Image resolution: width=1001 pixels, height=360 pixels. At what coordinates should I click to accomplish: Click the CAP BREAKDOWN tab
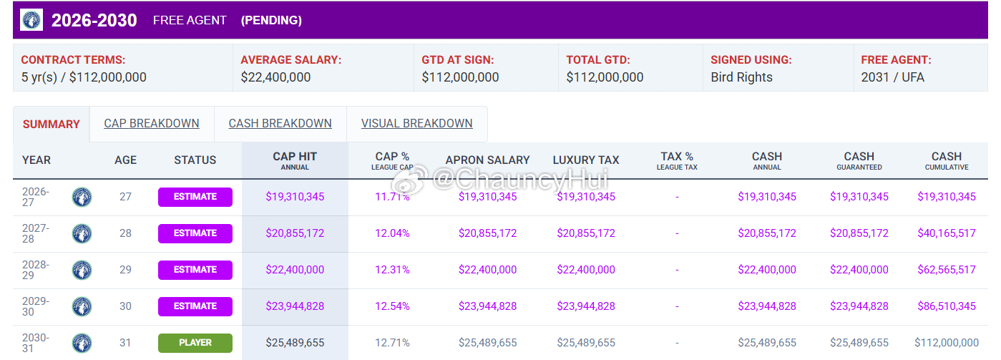point(152,123)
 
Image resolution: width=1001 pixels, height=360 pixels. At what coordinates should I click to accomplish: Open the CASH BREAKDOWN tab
point(280,123)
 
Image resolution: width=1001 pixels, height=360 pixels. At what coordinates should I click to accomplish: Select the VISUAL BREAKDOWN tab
point(417,123)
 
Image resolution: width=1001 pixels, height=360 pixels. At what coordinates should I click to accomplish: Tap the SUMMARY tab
point(52,125)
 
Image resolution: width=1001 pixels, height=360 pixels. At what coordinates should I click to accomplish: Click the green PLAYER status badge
point(195,343)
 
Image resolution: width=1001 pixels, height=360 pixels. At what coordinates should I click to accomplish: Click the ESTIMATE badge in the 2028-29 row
point(195,270)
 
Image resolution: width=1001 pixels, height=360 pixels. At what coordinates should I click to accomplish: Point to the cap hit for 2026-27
point(295,197)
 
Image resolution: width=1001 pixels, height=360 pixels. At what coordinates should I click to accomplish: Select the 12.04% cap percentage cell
point(392,233)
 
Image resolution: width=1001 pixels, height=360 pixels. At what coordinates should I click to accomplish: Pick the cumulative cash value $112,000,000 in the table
point(947,343)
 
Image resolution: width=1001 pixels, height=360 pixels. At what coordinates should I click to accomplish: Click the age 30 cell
point(125,306)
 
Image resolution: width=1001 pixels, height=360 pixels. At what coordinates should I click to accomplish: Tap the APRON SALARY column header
point(487,160)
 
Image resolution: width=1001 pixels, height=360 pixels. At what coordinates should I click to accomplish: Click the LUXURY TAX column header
point(586,160)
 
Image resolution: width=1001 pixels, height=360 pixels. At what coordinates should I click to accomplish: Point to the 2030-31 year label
point(36,343)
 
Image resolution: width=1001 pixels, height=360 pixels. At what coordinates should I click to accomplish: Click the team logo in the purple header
point(31,20)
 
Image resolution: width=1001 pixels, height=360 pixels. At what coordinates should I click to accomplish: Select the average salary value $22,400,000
point(275,77)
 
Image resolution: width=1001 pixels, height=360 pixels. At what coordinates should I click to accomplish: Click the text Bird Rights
point(742,77)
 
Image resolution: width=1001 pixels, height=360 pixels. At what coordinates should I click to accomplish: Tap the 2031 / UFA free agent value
point(893,77)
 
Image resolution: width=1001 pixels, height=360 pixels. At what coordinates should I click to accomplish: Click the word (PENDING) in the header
point(271,20)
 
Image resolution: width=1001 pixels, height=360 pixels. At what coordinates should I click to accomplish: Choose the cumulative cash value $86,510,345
point(947,306)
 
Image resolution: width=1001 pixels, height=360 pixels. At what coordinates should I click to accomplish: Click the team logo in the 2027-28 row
point(82,233)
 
